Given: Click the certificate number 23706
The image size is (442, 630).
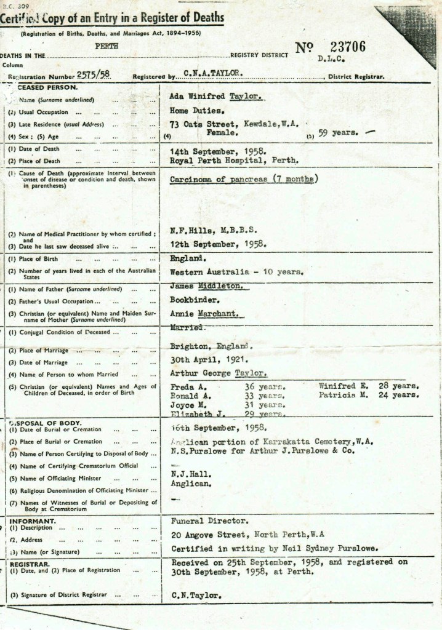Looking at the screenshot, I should click(348, 47).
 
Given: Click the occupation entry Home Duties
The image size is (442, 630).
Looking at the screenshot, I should click(197, 111).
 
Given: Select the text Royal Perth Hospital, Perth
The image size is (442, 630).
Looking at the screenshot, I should click(235, 160).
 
